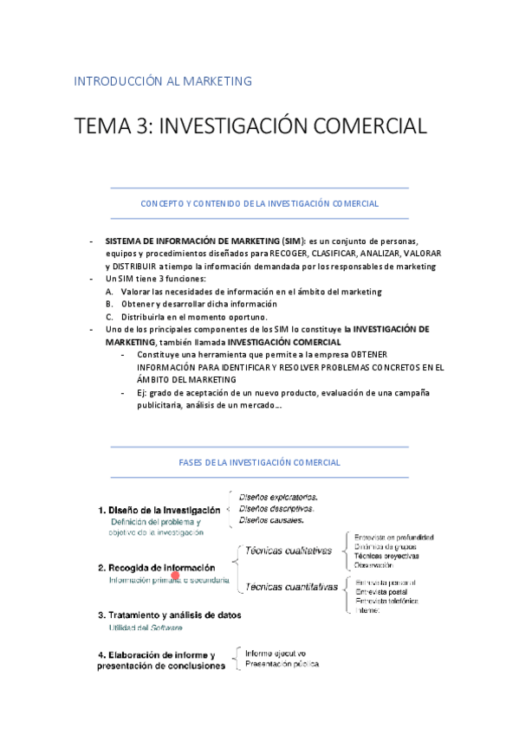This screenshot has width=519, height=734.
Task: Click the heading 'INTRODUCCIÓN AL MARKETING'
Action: (x=163, y=81)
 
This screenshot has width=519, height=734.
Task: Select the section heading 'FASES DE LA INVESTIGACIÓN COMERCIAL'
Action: (x=259, y=463)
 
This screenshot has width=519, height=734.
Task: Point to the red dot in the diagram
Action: (x=175, y=575)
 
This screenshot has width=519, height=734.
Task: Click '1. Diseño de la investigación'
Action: (x=159, y=510)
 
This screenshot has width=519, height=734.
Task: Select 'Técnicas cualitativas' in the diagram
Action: (x=289, y=550)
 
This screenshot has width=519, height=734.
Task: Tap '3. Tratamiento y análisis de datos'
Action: (x=169, y=615)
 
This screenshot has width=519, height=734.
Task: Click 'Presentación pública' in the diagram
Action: (x=282, y=664)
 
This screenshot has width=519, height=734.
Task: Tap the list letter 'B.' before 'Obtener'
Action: (x=110, y=304)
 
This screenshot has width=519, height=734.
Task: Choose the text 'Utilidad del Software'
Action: (x=146, y=628)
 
